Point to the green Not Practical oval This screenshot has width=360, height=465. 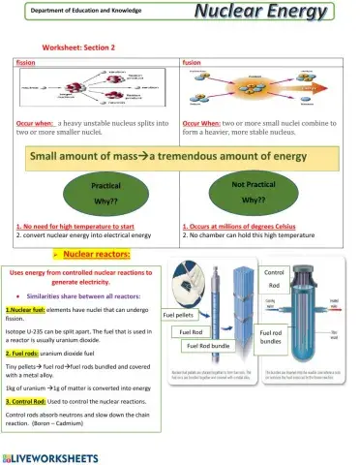(x=255, y=192)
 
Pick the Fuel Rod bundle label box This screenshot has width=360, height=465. (x=206, y=346)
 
